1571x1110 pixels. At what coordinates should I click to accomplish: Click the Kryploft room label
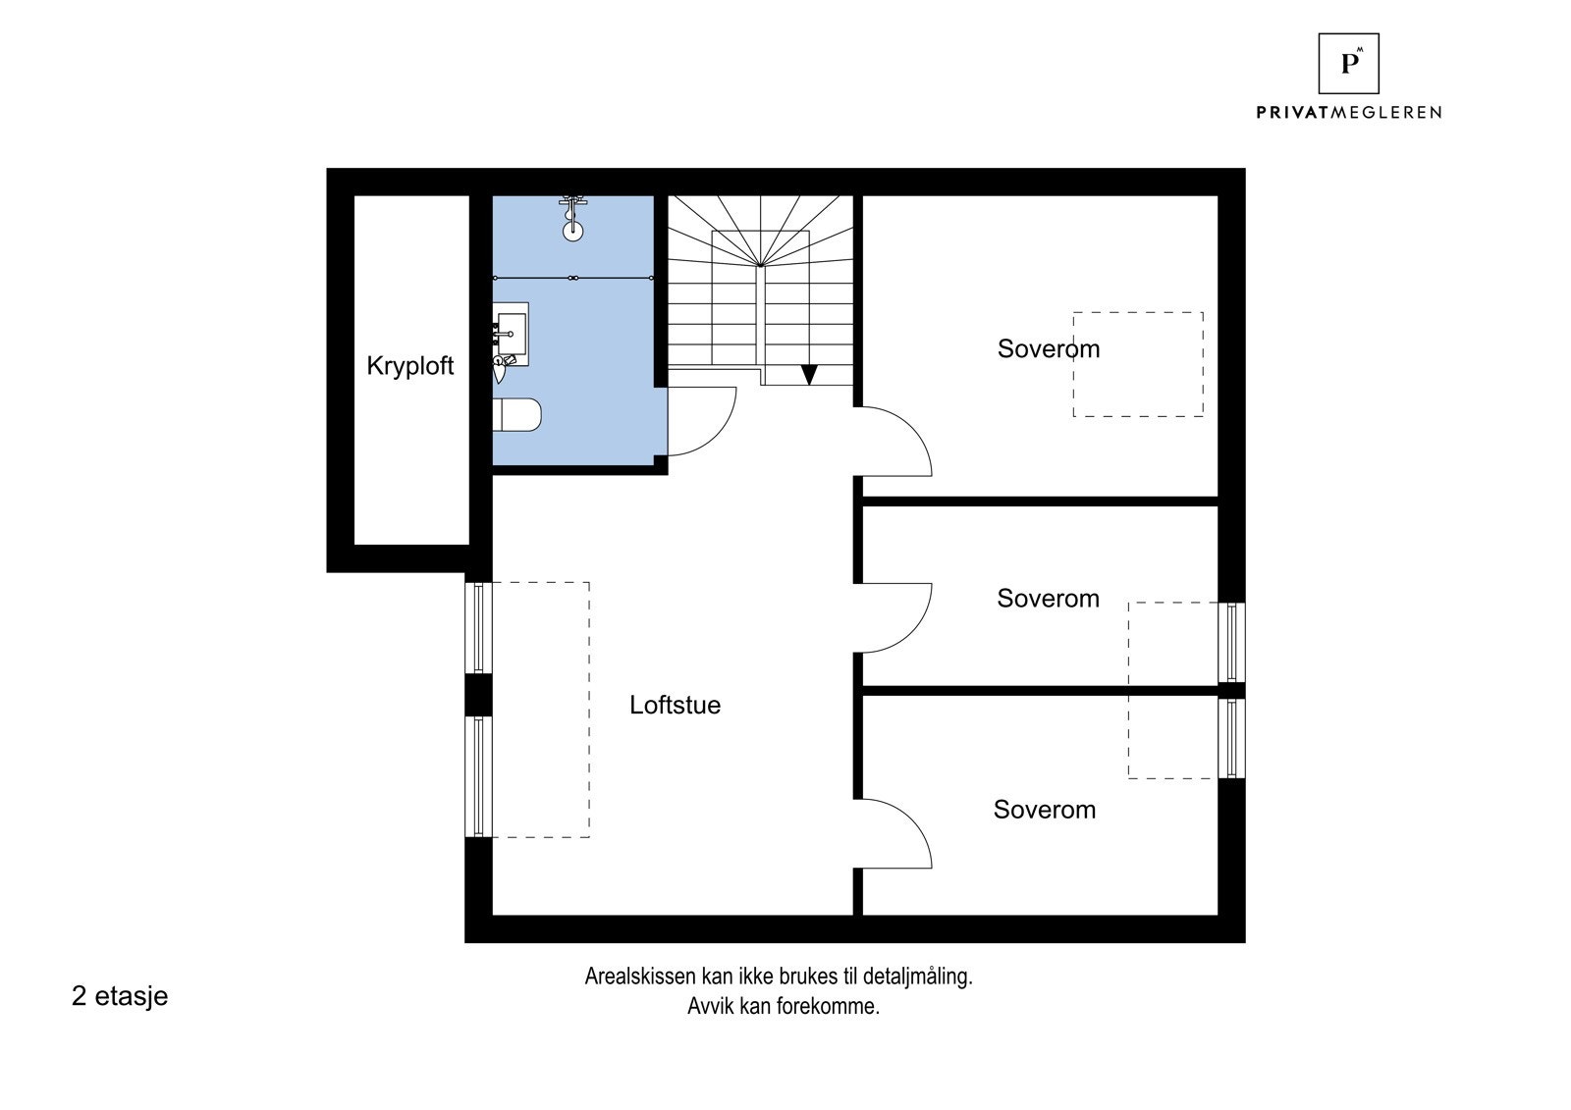409,366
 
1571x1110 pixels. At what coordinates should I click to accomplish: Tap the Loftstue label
675,705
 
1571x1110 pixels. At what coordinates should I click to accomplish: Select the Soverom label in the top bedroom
1049,348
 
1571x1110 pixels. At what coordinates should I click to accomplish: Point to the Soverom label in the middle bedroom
1048,598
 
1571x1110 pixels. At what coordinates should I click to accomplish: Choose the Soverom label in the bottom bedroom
1045,809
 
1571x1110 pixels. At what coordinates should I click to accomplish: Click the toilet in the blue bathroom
517,414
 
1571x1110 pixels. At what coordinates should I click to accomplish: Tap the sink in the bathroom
511,334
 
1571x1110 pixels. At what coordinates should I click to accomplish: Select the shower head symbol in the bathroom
573,219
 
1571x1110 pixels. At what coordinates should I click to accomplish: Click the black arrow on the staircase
809,375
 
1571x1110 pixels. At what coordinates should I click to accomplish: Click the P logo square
1349,63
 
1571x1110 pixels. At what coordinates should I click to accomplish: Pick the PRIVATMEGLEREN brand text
1348,112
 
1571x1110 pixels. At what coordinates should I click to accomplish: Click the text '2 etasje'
120,996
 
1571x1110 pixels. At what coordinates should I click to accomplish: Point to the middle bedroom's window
1231,642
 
